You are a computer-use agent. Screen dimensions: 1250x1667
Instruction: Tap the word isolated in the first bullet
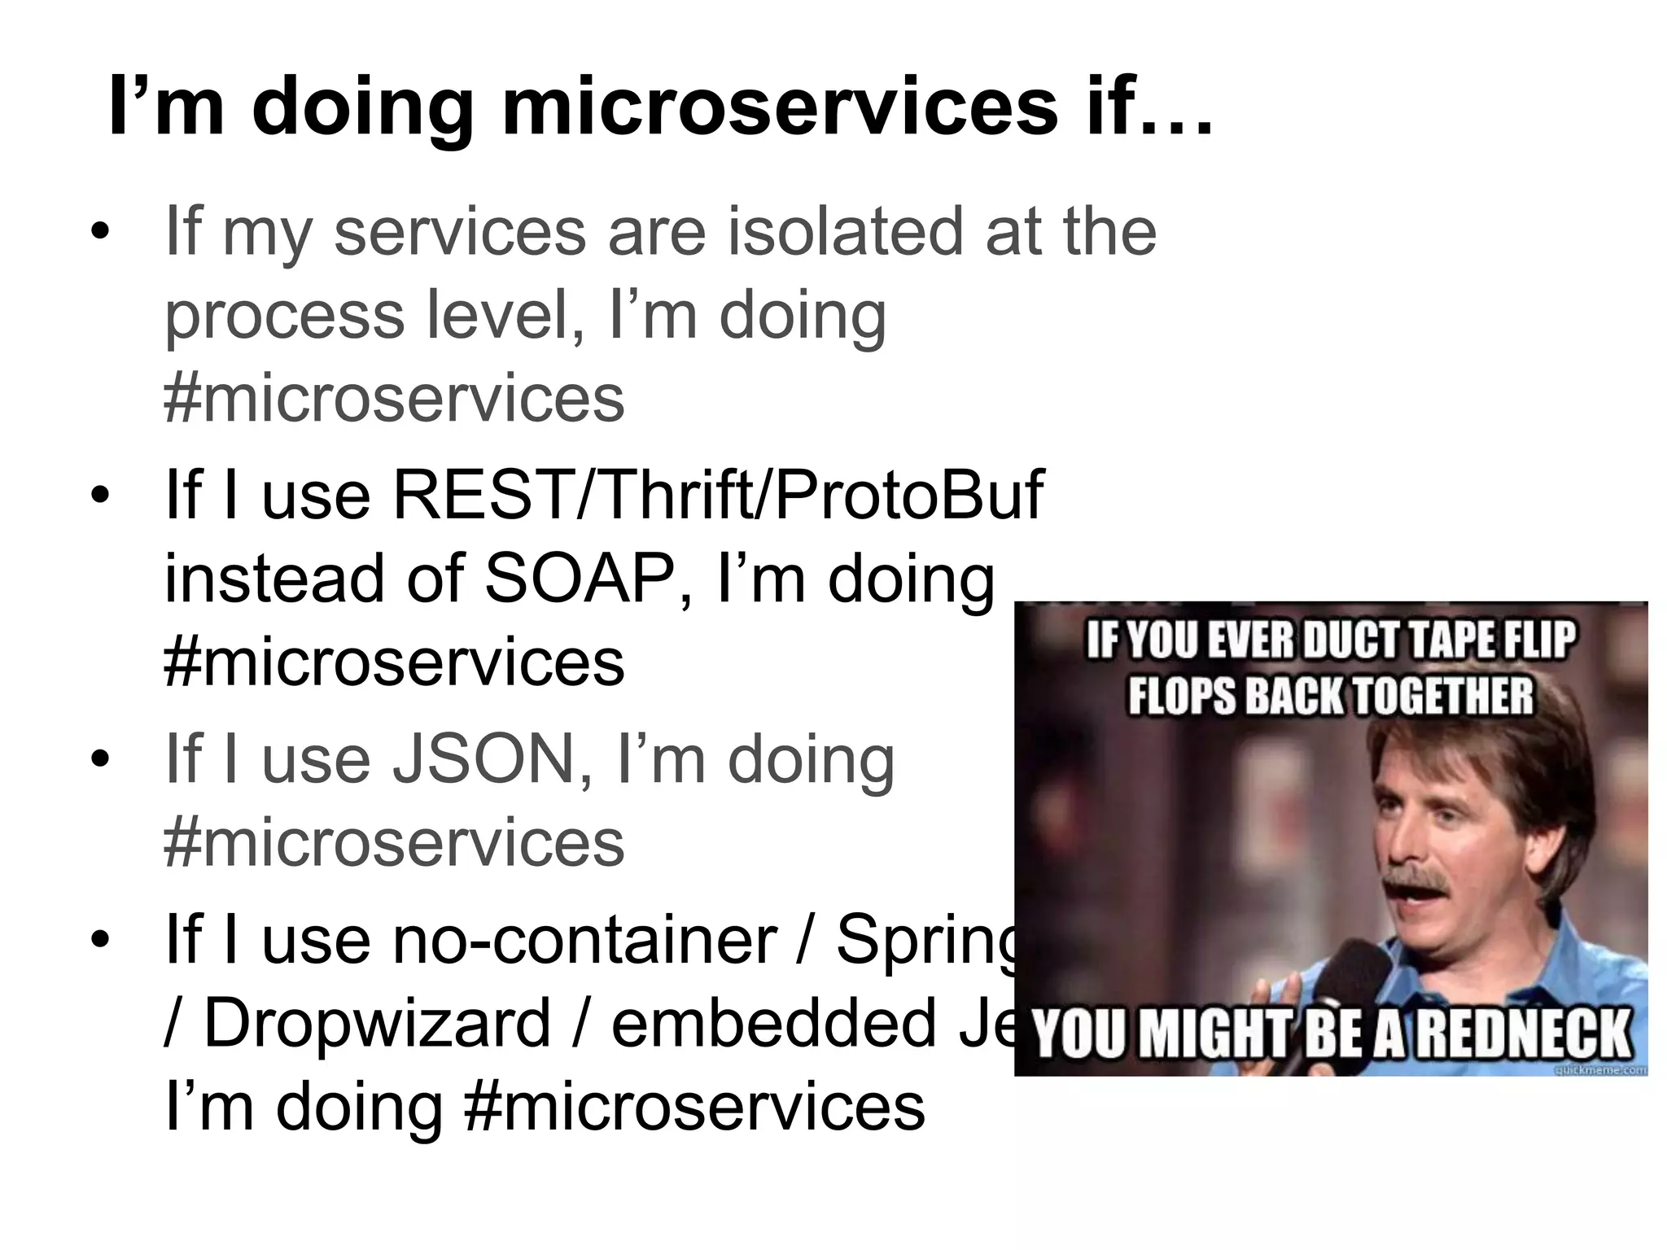click(845, 231)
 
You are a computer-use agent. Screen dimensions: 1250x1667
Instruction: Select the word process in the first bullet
click(285, 317)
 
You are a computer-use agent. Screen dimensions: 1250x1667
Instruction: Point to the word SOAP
click(580, 579)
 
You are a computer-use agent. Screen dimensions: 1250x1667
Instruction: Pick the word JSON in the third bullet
click(483, 759)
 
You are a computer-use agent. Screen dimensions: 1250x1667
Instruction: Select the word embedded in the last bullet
click(774, 1024)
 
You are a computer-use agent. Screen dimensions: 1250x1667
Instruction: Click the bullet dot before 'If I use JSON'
click(99, 760)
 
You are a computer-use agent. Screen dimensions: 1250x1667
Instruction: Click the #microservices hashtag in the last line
click(693, 1107)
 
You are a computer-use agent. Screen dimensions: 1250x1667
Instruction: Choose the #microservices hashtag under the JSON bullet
click(394, 843)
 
